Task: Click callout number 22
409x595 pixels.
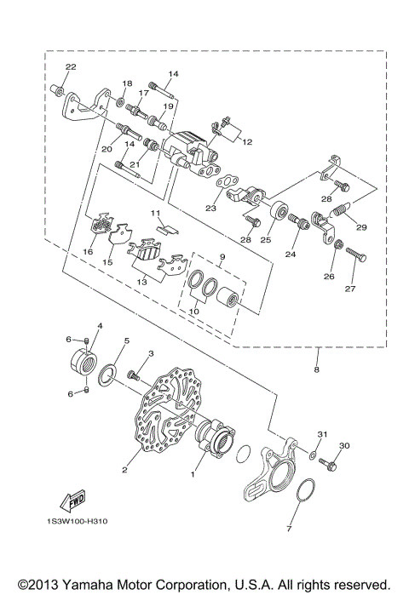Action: coord(70,67)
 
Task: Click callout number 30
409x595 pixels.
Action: coord(344,446)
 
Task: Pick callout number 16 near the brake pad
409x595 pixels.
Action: coord(88,252)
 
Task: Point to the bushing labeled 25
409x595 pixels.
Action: coord(279,210)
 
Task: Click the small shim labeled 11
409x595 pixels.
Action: coord(168,228)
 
